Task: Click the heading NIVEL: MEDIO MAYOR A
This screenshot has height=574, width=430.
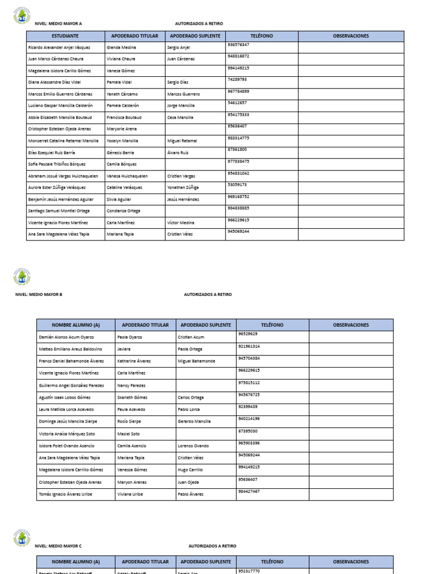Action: click(x=58, y=24)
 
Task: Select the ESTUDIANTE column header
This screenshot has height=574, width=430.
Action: click(x=65, y=36)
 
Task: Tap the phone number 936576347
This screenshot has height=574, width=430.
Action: click(x=239, y=44)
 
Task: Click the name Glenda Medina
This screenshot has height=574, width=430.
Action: click(x=121, y=48)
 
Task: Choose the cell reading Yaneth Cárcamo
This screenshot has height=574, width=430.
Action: click(x=122, y=94)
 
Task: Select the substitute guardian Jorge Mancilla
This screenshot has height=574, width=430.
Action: click(x=181, y=106)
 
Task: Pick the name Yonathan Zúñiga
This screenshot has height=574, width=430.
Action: click(x=183, y=188)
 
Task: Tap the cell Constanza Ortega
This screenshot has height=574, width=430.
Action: click(x=123, y=211)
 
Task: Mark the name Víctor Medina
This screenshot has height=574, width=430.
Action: click(x=181, y=223)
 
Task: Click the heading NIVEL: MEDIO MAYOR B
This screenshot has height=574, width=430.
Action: click(x=39, y=294)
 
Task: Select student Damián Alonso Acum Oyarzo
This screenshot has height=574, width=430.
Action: click(x=66, y=337)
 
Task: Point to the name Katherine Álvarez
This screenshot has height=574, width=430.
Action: click(x=134, y=361)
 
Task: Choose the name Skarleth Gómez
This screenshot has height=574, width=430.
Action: click(x=132, y=397)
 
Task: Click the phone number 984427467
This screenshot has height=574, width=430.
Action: click(x=249, y=491)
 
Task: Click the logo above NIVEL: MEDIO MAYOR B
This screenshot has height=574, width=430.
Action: click(x=22, y=277)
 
